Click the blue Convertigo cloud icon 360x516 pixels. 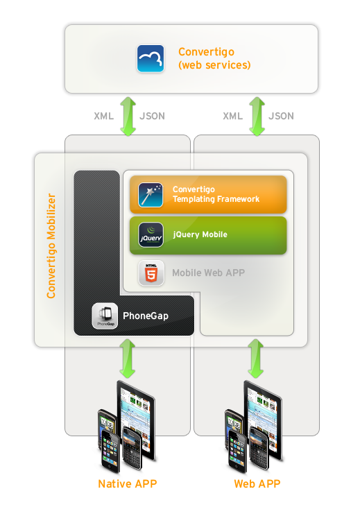click(151, 58)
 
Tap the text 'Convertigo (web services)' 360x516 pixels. click(214, 58)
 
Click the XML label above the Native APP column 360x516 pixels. click(103, 116)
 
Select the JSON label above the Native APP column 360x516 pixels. click(152, 116)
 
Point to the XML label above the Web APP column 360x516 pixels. click(232, 116)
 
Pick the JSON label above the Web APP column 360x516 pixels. click(281, 116)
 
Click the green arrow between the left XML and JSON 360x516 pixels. click(128, 116)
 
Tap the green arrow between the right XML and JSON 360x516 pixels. click(257, 116)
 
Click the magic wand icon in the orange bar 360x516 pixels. click(151, 195)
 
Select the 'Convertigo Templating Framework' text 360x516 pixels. click(216, 194)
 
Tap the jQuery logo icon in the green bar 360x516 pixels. click(151, 234)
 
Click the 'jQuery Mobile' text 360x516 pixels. click(200, 234)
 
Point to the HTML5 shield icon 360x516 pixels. click(151, 273)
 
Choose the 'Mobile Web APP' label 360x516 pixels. click(208, 273)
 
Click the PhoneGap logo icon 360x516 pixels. click(105, 316)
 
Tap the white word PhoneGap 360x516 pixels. click(146, 316)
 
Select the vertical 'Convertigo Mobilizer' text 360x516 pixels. click(51, 246)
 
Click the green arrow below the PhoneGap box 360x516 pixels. click(128, 359)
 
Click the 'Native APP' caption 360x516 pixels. click(128, 484)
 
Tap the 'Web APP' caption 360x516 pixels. click(257, 484)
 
